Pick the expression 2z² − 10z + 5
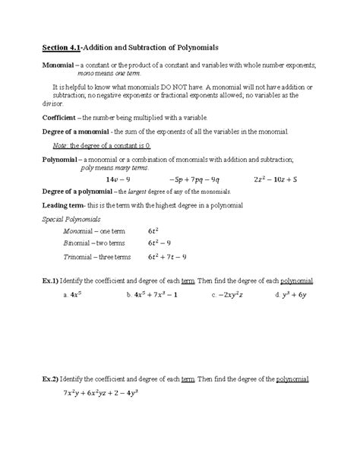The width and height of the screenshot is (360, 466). [286, 179]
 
